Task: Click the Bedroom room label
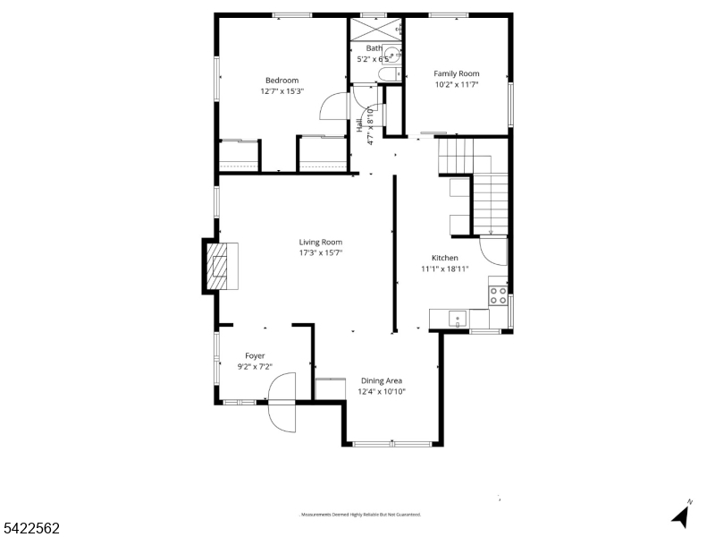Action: click(x=282, y=80)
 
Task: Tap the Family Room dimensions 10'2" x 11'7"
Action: click(x=457, y=85)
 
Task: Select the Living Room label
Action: click(x=320, y=242)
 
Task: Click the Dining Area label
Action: click(x=382, y=380)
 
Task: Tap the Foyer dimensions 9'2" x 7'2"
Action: click(x=255, y=366)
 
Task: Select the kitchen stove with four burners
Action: click(x=498, y=295)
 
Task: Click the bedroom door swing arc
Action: click(x=332, y=106)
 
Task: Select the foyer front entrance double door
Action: click(x=282, y=403)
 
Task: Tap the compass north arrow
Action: click(x=681, y=515)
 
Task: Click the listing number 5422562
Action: click(x=31, y=528)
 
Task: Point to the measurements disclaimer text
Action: click(x=359, y=515)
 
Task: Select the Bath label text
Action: click(x=374, y=48)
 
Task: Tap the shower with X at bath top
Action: click(x=374, y=28)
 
